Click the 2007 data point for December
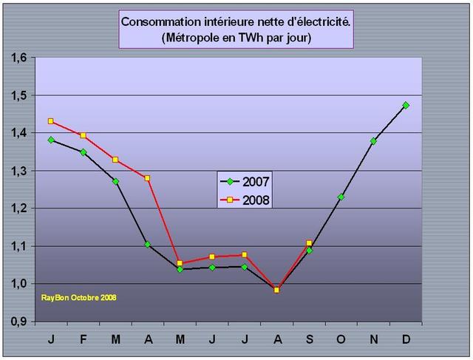click(x=406, y=105)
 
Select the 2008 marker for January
click(x=51, y=121)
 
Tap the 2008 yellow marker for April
click(x=148, y=178)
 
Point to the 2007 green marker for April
click(x=148, y=244)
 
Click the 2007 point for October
click(x=341, y=197)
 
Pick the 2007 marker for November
click(x=373, y=141)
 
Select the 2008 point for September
click(x=309, y=243)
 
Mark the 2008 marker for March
click(x=115, y=160)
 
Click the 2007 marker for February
click(x=83, y=152)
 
